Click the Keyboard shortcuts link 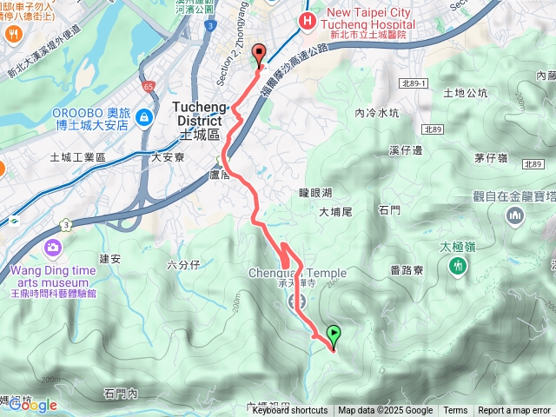click(290, 410)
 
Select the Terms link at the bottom click(455, 410)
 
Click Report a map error click(514, 410)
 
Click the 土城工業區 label click(77, 157)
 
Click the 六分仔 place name click(184, 263)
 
